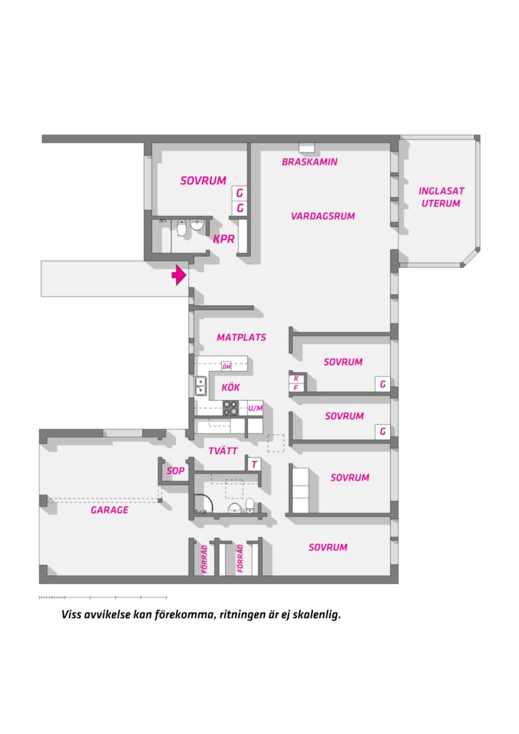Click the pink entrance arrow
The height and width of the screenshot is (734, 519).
[179, 275]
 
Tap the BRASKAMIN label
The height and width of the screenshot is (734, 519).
[309, 162]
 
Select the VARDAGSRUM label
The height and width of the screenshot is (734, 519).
[323, 216]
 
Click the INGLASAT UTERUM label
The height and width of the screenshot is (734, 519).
[442, 197]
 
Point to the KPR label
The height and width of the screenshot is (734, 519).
[223, 239]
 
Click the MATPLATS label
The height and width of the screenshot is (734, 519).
[241, 338]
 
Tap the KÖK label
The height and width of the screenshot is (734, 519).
[231, 387]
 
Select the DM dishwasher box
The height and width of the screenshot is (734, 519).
[226, 366]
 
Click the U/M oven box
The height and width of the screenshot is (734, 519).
[255, 408]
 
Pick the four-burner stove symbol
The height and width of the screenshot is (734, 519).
[230, 408]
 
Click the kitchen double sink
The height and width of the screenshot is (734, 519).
[201, 386]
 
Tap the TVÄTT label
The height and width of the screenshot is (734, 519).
[223, 451]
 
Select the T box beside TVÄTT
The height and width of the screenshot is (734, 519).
[254, 464]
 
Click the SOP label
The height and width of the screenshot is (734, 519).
[175, 471]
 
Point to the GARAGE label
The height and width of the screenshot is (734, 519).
[109, 510]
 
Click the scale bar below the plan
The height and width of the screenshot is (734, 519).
[103, 597]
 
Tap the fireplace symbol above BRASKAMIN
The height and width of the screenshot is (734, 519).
[306, 148]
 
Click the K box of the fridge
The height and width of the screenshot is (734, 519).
[296, 379]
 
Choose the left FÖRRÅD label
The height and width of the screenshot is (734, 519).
[204, 559]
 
